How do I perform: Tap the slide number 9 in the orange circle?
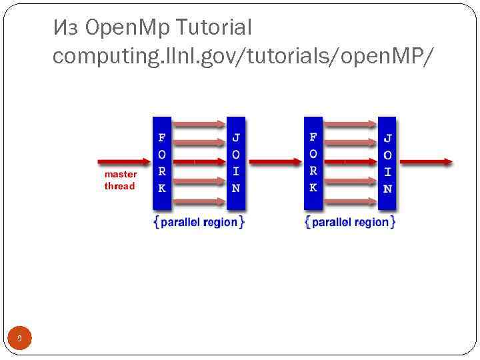tap(19, 339)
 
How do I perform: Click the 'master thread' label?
tap(120, 180)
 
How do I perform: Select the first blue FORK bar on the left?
tap(162, 164)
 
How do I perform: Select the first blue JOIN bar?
tap(236, 164)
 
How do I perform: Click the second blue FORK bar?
tap(313, 164)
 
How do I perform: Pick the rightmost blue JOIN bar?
tap(387, 164)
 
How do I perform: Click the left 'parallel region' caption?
tap(199, 222)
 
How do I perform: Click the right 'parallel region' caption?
tap(350, 222)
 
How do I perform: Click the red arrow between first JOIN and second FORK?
tap(274, 162)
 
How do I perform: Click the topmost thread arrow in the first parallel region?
tap(199, 123)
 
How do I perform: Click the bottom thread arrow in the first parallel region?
tap(199, 201)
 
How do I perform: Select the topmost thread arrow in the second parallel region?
tap(350, 123)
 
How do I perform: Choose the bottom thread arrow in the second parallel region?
tap(350, 201)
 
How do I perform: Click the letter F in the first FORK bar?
tap(162, 138)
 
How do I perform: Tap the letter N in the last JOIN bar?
tap(387, 189)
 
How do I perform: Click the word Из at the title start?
tap(67, 28)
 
